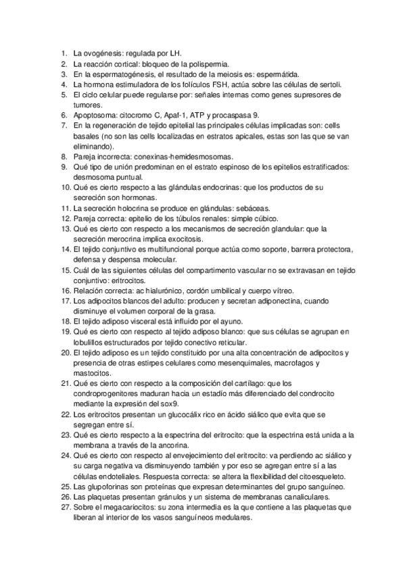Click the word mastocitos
(x=92, y=374)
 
